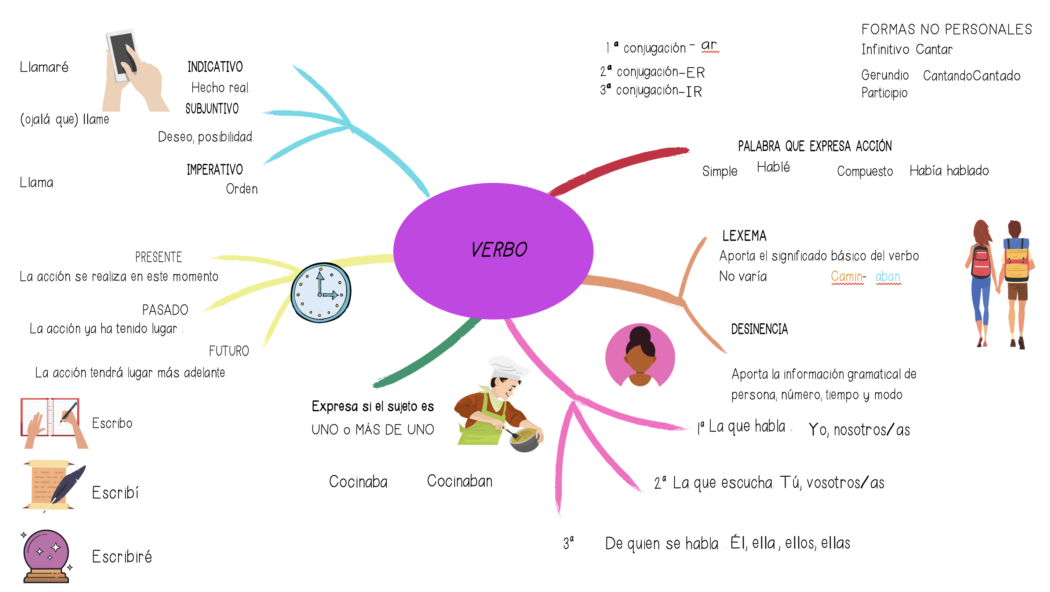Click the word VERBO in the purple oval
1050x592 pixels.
click(499, 250)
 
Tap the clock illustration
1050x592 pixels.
click(321, 293)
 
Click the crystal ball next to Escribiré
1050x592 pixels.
click(46, 551)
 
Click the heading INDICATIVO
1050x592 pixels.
click(215, 67)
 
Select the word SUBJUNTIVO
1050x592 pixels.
click(212, 109)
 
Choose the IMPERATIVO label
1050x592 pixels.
click(214, 170)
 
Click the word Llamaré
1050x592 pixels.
click(44, 67)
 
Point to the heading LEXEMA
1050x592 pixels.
click(744, 236)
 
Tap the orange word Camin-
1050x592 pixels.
click(848, 277)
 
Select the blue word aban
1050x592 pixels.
click(888, 277)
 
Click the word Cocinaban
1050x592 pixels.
click(459, 481)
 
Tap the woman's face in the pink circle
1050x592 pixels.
click(639, 359)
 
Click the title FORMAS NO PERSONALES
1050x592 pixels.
click(947, 29)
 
